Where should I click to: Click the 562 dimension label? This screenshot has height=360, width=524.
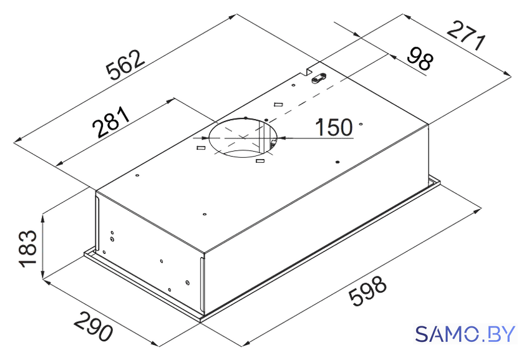(x=125, y=66)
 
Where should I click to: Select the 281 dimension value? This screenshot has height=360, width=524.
(x=110, y=122)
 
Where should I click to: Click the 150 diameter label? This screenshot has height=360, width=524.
(x=334, y=127)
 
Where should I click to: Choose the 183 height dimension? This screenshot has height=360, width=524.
(x=28, y=248)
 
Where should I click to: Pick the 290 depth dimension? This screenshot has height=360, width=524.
(x=93, y=326)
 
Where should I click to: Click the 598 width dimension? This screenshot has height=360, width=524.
(x=367, y=289)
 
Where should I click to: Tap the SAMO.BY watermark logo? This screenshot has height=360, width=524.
(x=465, y=334)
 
